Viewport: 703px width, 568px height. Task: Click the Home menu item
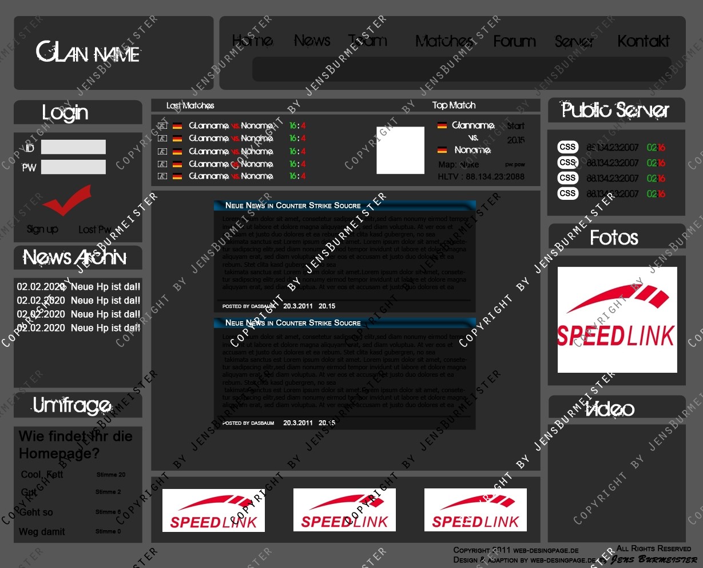tap(252, 41)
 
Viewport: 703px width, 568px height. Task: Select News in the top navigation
tap(312, 41)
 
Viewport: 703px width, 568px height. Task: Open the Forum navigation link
tap(514, 41)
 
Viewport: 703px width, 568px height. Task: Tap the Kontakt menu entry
tap(643, 41)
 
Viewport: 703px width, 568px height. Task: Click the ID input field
tap(73, 147)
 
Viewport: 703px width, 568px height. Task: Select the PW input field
tap(73, 167)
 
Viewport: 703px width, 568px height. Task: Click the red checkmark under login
tap(67, 199)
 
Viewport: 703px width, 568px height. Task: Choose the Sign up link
tap(42, 230)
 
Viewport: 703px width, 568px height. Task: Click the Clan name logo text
tap(88, 53)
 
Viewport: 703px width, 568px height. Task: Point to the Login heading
tap(65, 113)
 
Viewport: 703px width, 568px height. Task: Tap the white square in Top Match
tap(400, 150)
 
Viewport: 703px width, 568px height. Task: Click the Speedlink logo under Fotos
tap(617, 319)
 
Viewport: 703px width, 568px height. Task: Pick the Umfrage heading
tap(72, 405)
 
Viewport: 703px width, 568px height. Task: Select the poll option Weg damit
tap(42, 532)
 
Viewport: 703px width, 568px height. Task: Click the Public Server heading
tap(615, 110)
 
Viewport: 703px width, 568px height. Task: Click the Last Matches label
tap(190, 106)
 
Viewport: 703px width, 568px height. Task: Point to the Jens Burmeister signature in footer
tap(654, 559)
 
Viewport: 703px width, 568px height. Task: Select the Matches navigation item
tap(444, 41)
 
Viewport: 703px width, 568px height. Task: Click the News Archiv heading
tap(75, 258)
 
